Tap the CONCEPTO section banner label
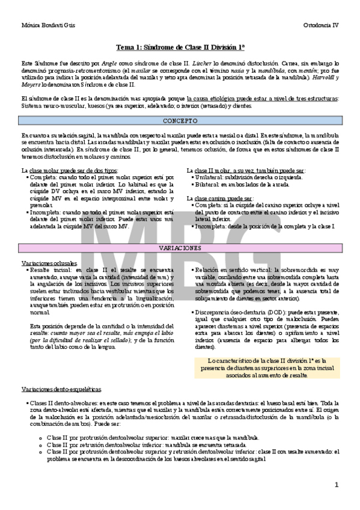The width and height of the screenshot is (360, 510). tap(180, 120)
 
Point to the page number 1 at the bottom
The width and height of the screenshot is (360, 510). tap(337, 484)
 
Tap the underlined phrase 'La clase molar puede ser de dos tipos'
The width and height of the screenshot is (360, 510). tap(69, 170)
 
